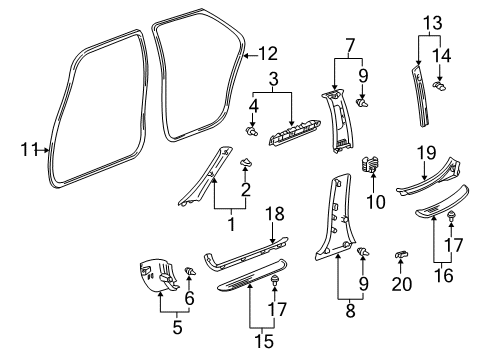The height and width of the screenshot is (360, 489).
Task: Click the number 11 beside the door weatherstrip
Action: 27,150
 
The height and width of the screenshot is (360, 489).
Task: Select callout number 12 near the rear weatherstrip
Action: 267,54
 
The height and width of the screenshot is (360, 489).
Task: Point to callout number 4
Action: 252,104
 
